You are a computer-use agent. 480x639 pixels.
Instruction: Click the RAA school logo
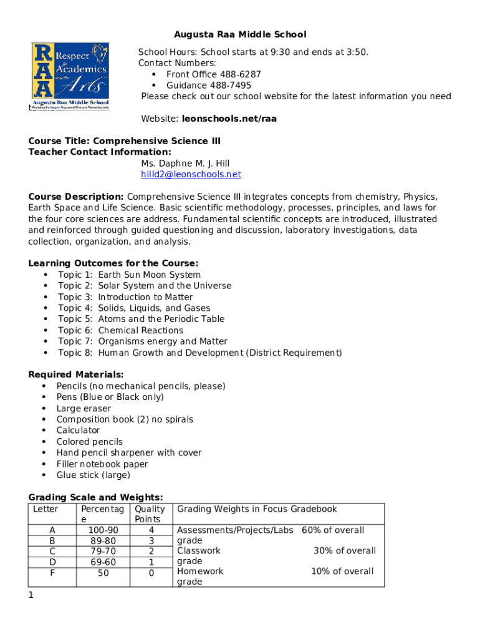70,77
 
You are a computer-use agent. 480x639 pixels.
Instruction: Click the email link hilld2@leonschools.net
191,175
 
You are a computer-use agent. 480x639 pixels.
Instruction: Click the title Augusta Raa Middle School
240,34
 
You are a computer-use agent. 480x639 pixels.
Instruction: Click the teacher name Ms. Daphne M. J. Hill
185,163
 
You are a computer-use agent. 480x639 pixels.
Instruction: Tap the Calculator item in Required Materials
78,431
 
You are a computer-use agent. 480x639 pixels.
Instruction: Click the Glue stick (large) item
93,475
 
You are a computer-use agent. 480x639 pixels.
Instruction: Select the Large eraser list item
84,408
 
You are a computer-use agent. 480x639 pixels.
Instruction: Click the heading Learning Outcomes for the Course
113,263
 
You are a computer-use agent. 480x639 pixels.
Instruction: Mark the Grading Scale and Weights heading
96,497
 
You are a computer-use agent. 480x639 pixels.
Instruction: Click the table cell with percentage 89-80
103,541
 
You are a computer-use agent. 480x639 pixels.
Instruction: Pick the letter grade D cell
52,562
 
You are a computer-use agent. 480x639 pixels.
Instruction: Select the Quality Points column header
151,514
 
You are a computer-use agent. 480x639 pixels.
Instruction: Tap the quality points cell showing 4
151,530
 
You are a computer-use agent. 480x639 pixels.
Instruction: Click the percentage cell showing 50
103,572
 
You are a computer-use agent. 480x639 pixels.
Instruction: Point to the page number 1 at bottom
31,595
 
